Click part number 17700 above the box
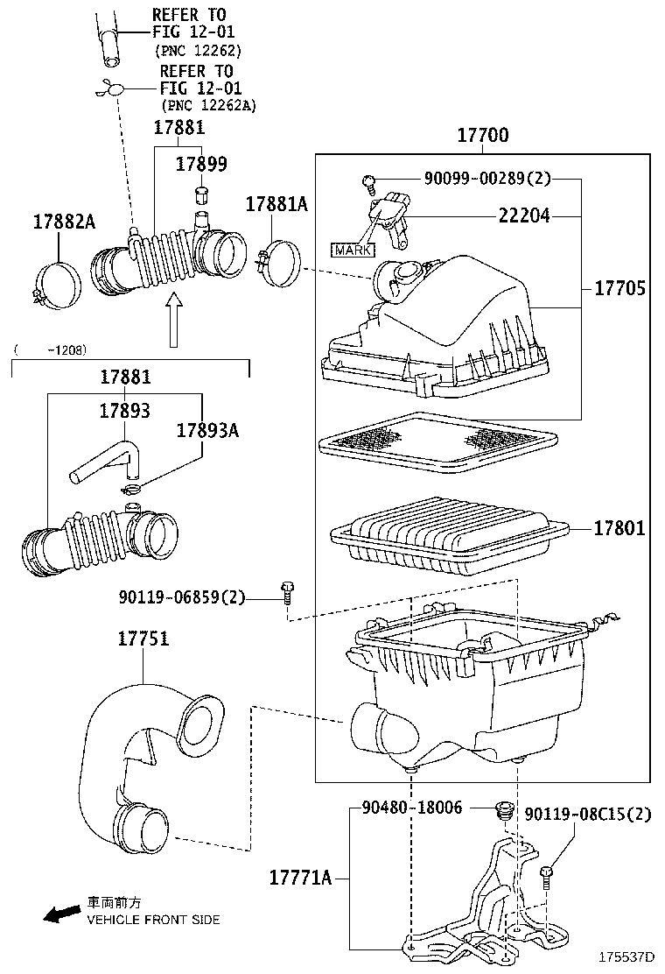482,137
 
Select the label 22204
524,215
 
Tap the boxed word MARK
351,250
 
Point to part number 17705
620,288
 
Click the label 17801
619,528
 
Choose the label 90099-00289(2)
487,180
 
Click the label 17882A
65,222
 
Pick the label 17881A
276,204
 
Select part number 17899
201,164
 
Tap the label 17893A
207,430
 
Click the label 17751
143,639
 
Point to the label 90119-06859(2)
182,597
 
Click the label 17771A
300,877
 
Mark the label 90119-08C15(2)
589,815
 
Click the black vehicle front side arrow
60,914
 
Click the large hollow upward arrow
174,319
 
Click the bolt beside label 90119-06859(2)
287,592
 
